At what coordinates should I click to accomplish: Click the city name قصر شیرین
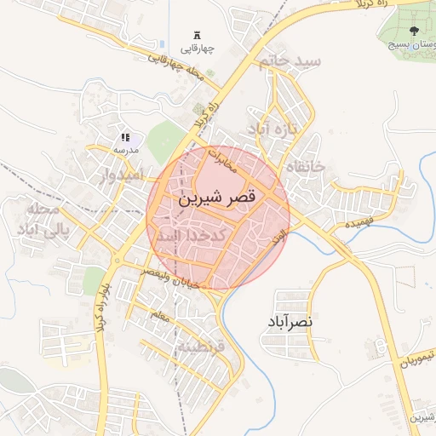point(216,198)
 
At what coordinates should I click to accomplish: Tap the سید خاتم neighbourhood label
point(292,62)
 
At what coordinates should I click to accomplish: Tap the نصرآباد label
point(290,322)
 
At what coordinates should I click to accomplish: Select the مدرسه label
point(125,149)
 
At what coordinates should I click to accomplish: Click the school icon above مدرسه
point(125,137)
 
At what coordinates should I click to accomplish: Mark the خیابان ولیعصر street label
point(175,278)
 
